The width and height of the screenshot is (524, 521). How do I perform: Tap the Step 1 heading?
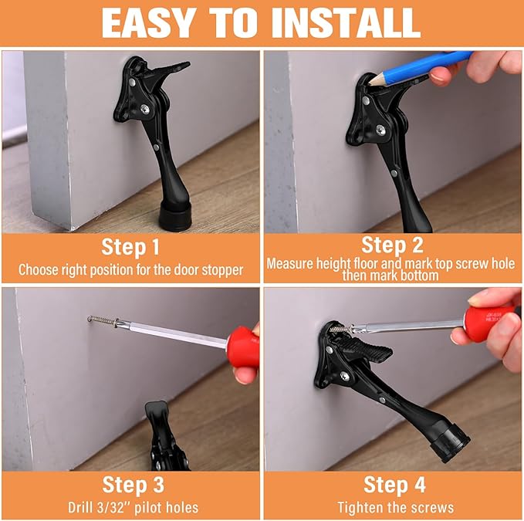coord(130,248)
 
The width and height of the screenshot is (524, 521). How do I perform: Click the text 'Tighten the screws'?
coord(395,508)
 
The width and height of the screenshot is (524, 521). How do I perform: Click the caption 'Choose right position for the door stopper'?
coord(131,270)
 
